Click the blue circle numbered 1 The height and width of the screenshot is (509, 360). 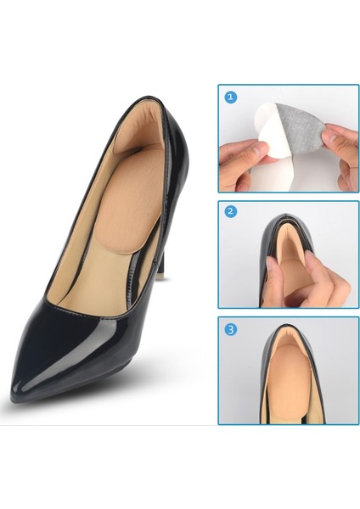tap(231, 97)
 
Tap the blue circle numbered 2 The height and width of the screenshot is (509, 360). tap(231, 211)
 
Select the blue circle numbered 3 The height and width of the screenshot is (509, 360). tap(231, 329)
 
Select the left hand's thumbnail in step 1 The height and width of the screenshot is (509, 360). tap(258, 150)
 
